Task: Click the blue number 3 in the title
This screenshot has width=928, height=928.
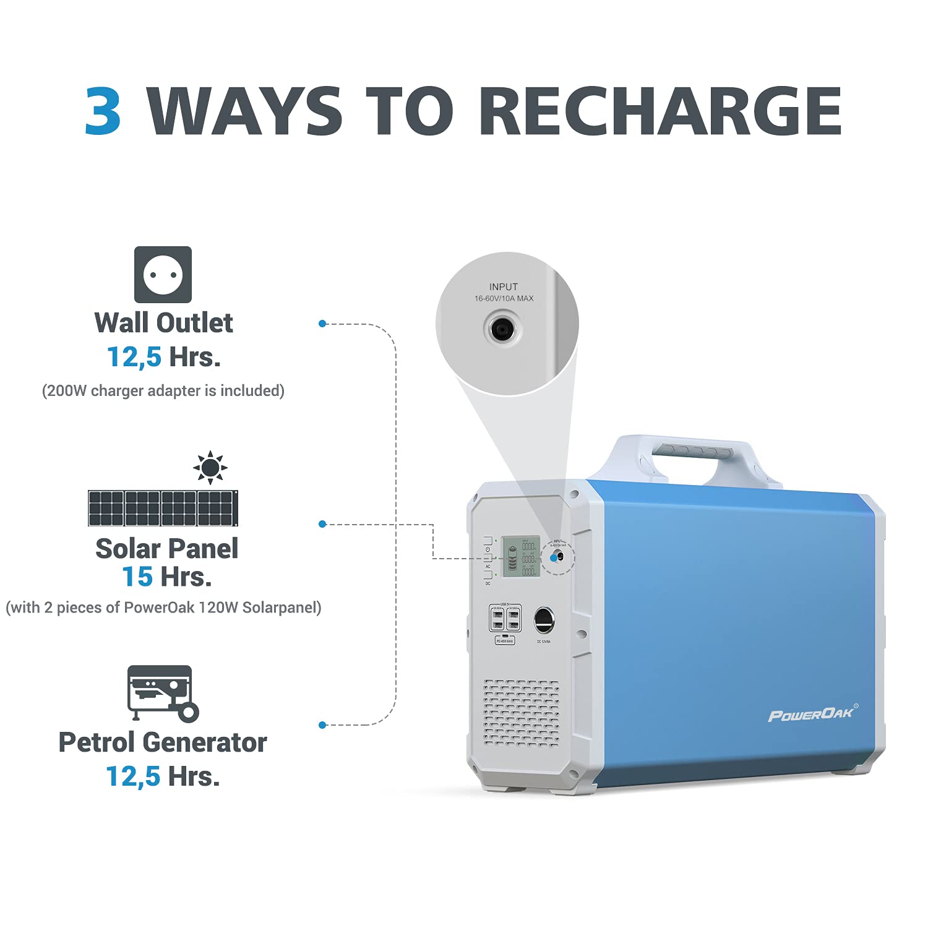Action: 103,111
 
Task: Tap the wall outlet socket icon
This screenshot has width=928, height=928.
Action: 163,275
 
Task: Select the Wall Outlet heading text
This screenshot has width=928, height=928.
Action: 163,323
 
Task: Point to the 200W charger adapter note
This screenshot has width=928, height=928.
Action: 163,391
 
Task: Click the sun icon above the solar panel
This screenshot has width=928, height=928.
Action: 210,467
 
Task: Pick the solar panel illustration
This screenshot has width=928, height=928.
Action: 163,508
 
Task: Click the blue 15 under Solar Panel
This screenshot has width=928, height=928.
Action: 137,577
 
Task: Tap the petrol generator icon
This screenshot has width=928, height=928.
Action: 163,693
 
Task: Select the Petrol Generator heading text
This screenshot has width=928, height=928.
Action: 163,742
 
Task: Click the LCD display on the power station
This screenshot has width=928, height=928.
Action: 520,556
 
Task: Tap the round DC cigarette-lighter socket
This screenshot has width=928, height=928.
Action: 544,620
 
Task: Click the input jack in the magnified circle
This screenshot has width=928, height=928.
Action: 501,329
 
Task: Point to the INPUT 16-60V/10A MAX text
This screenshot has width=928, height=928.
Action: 504,293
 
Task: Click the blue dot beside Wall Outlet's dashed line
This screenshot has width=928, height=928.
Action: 322,324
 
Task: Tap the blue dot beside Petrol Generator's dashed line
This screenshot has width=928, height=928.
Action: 322,724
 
